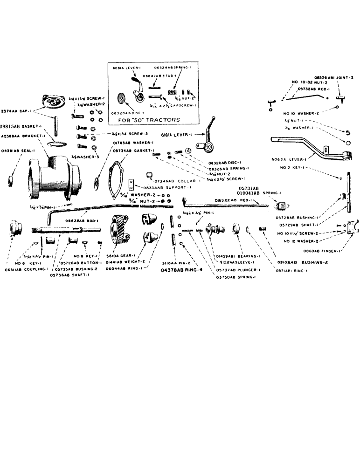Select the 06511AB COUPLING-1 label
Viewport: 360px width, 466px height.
point(21,269)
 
